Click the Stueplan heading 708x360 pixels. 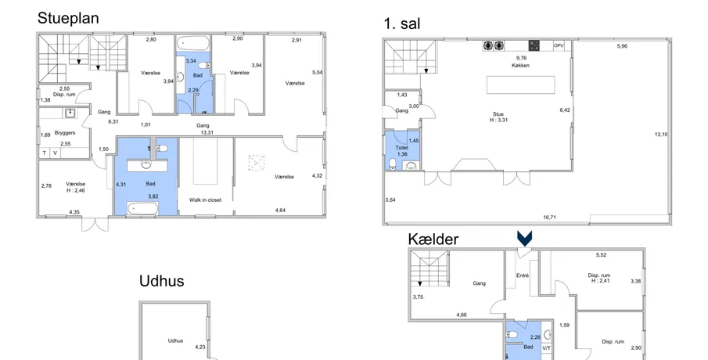click(x=68, y=19)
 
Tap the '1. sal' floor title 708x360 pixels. click(x=402, y=23)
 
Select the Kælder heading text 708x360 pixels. click(x=433, y=239)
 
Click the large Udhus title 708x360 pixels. click(x=162, y=281)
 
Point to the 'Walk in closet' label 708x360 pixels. click(x=205, y=200)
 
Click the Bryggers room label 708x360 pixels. click(x=65, y=133)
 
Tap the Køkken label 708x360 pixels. click(x=520, y=66)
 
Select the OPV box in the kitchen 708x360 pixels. click(x=559, y=45)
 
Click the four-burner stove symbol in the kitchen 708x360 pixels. click(x=534, y=45)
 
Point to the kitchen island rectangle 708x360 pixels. click(x=520, y=85)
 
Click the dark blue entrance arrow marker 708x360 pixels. click(x=525, y=239)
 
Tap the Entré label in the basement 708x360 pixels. click(x=523, y=275)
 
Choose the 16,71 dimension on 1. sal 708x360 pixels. click(x=549, y=218)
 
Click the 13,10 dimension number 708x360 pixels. click(x=661, y=134)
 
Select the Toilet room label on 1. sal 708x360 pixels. click(x=402, y=148)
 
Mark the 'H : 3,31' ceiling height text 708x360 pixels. click(x=498, y=121)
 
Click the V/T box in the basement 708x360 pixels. click(x=546, y=348)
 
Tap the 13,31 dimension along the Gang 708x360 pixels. click(x=207, y=133)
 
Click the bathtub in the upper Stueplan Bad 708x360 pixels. click(x=192, y=44)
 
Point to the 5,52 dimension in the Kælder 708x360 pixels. click(x=601, y=255)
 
